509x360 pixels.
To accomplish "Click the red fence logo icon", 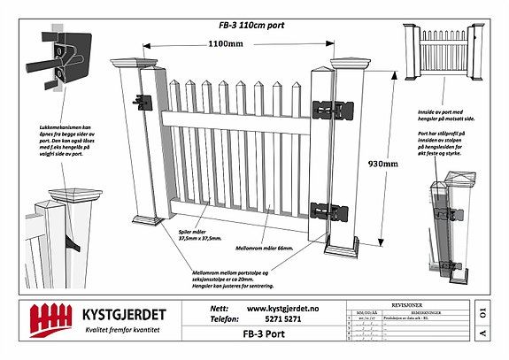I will pyautogui.click(x=51, y=318).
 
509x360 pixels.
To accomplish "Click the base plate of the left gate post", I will pyautogui.click(x=145, y=218).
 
